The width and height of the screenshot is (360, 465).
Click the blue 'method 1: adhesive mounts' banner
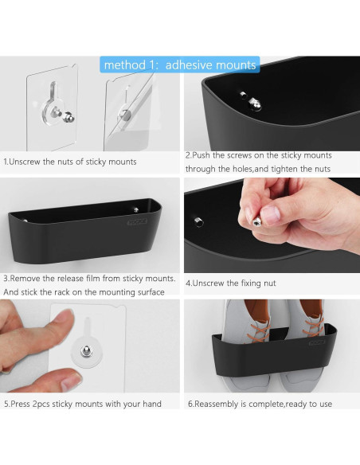(180, 64)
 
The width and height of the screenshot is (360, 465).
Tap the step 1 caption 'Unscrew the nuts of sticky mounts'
(72, 162)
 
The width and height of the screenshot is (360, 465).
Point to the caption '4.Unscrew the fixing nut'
(231, 283)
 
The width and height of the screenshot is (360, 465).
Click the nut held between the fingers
(256, 221)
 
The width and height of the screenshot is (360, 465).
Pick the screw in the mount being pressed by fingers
(87, 351)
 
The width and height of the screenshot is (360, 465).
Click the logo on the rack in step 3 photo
(137, 222)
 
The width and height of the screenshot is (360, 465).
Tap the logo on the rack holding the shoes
(317, 343)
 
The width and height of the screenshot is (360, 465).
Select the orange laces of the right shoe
(314, 326)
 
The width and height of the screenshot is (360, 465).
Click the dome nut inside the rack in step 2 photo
(255, 104)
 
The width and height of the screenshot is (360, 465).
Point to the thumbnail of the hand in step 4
(270, 215)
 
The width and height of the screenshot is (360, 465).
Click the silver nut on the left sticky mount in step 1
(68, 117)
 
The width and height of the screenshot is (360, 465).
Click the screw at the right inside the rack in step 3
(136, 210)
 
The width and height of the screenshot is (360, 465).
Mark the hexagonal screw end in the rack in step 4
(199, 222)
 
